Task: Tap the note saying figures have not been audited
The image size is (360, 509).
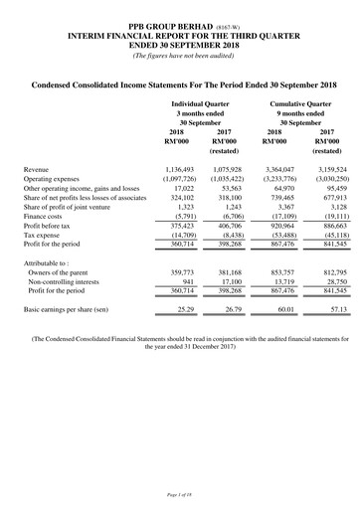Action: [180, 54]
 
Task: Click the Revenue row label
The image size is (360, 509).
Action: [40, 170]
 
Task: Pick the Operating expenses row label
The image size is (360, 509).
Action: [57, 181]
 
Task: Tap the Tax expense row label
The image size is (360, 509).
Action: [46, 236]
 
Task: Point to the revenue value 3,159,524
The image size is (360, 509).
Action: [324, 170]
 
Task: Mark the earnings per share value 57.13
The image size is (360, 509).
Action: [330, 310]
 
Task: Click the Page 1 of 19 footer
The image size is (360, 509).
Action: [180, 495]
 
